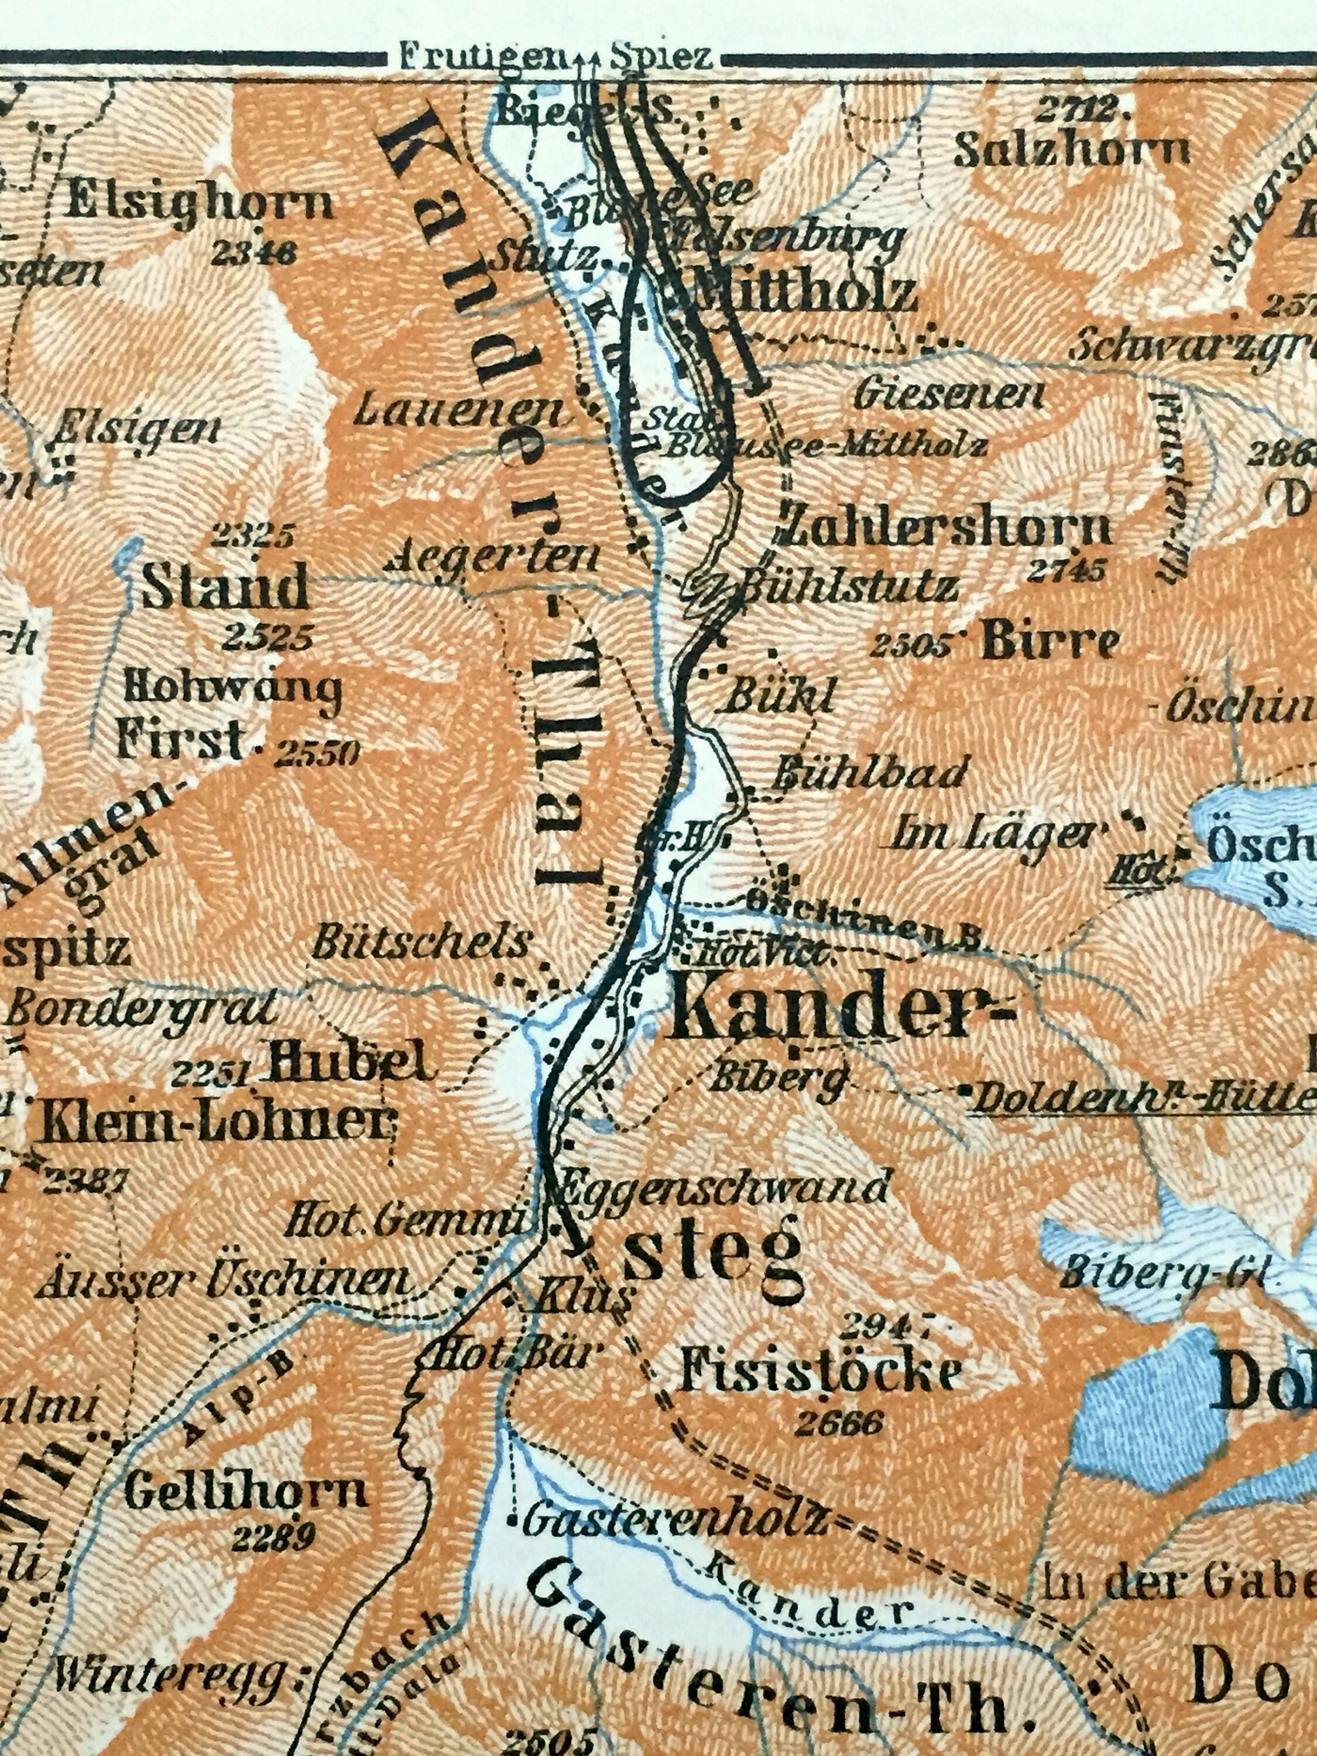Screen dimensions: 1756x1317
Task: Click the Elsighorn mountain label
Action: (200, 205)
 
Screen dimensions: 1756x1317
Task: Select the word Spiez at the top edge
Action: (662, 57)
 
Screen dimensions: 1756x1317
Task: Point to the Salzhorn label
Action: (1072, 149)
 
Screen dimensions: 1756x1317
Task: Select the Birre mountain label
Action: (1050, 642)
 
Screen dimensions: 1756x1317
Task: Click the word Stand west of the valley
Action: (225, 588)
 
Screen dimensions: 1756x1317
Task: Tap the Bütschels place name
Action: (421, 944)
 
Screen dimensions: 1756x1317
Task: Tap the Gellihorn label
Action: (246, 1491)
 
